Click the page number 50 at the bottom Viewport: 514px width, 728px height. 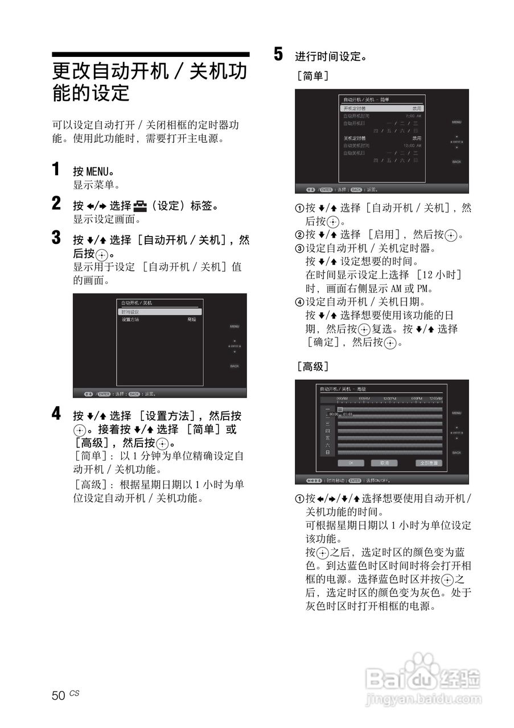point(58,696)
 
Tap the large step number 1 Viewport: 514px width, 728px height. point(56,170)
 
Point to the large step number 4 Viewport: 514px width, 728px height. point(56,414)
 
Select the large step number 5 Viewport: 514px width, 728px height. point(278,55)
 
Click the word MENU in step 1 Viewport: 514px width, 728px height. point(96,172)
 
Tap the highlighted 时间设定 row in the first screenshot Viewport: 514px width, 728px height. point(159,312)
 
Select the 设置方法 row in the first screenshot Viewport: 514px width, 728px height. point(131,320)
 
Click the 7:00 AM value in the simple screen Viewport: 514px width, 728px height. point(413,115)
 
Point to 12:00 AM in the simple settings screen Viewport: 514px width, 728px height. point(412,146)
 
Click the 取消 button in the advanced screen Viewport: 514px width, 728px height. point(384,463)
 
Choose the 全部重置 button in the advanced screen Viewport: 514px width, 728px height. point(429,463)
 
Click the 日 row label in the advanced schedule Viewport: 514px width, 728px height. point(327,452)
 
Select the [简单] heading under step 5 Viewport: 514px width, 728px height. point(312,75)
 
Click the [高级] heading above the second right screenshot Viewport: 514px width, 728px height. point(312,366)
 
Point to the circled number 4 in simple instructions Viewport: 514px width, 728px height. point(299,302)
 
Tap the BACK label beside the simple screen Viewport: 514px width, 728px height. point(457,162)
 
